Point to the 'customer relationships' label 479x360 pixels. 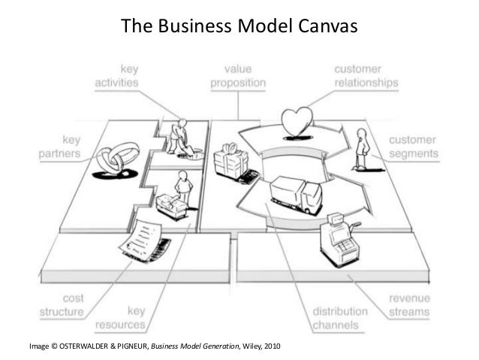(x=366, y=77)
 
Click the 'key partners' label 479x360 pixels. (x=60, y=146)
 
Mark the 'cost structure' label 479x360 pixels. (x=62, y=304)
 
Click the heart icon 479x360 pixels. (x=295, y=123)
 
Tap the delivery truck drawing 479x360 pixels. (x=288, y=194)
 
